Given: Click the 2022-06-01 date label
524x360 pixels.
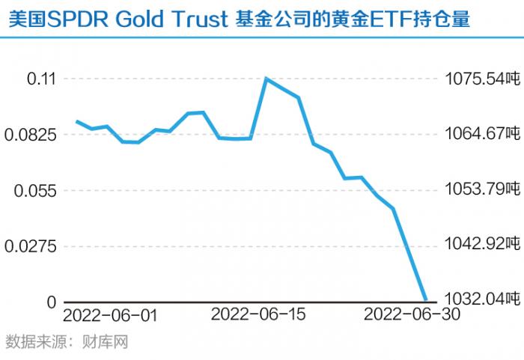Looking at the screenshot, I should pos(111,315).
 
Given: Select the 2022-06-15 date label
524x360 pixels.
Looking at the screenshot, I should pos(258,315).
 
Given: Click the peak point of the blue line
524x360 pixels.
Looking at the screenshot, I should pos(266,78).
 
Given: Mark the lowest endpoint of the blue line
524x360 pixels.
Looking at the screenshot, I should pos(426,300).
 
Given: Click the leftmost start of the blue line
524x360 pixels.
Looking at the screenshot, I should pos(76,121).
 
